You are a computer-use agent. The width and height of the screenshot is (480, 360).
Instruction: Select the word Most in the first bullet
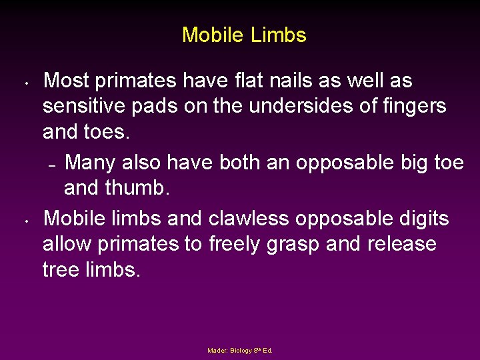(x=67, y=81)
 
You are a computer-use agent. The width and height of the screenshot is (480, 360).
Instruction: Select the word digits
(x=419, y=218)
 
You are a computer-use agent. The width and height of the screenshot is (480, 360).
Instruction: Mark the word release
(x=403, y=244)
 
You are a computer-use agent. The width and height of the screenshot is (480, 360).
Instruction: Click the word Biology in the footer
(x=241, y=350)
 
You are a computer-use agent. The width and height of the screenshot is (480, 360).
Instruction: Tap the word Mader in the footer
(x=217, y=350)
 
